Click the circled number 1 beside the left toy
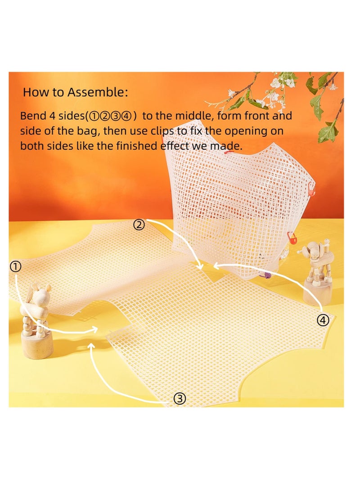tap(15, 267)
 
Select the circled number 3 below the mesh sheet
tap(179, 398)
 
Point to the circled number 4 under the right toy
tap(323, 320)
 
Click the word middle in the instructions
tap(184, 116)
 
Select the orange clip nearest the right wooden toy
tap(291, 238)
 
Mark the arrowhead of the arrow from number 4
tap(215, 266)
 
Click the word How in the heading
tap(35, 93)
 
